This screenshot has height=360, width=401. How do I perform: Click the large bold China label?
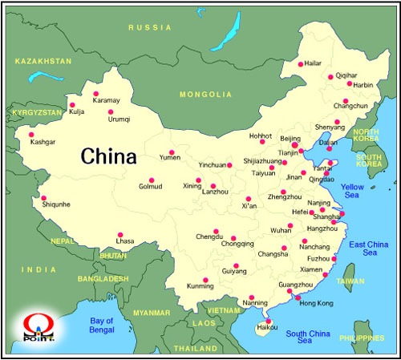click(x=108, y=156)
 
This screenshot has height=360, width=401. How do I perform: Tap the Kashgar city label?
click(x=43, y=142)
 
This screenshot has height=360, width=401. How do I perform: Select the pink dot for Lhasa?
click(x=120, y=235)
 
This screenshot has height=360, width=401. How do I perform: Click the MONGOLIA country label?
click(x=205, y=95)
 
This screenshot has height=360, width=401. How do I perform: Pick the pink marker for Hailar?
click(x=301, y=64)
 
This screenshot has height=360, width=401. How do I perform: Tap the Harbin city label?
click(x=364, y=83)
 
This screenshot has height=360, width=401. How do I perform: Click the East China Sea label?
click(x=368, y=248)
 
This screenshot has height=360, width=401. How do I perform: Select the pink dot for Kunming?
click(x=205, y=279)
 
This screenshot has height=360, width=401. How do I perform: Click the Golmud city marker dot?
click(x=151, y=180)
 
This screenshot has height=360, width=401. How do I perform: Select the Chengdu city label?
click(x=209, y=237)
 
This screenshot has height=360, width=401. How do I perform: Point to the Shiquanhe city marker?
click(x=44, y=199)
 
